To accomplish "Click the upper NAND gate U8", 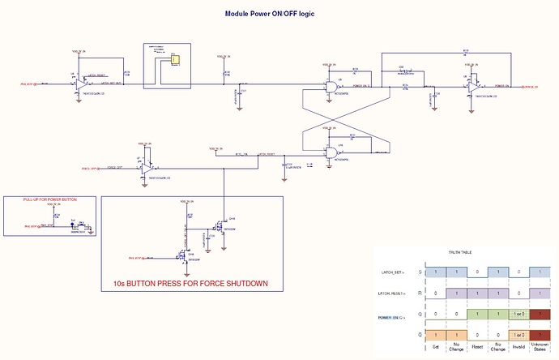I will [x=333, y=88].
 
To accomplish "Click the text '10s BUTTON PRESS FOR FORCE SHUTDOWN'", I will [x=192, y=284].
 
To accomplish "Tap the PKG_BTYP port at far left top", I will [x=31, y=84].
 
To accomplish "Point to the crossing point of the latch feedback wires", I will [x=333, y=119].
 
